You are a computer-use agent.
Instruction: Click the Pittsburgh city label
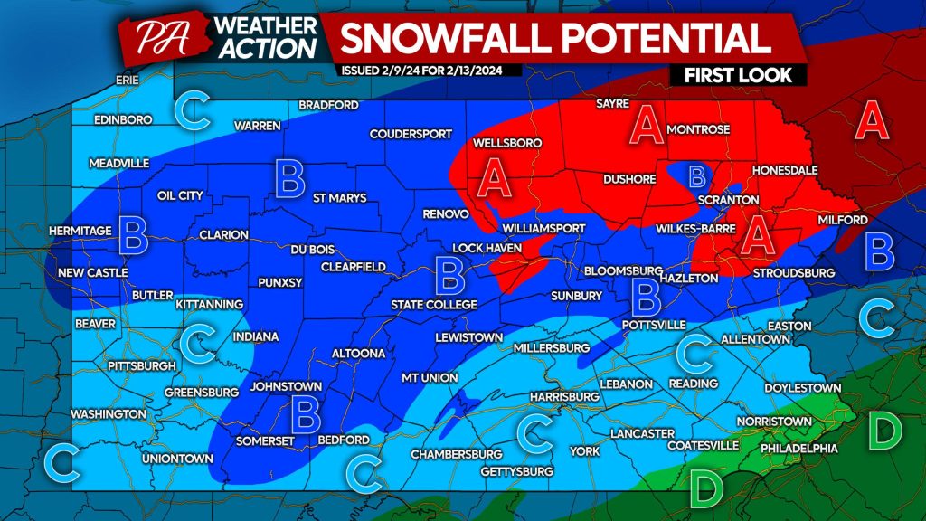[140, 365]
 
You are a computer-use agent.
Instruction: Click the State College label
[433, 305]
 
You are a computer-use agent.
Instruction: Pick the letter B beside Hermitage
[133, 236]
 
